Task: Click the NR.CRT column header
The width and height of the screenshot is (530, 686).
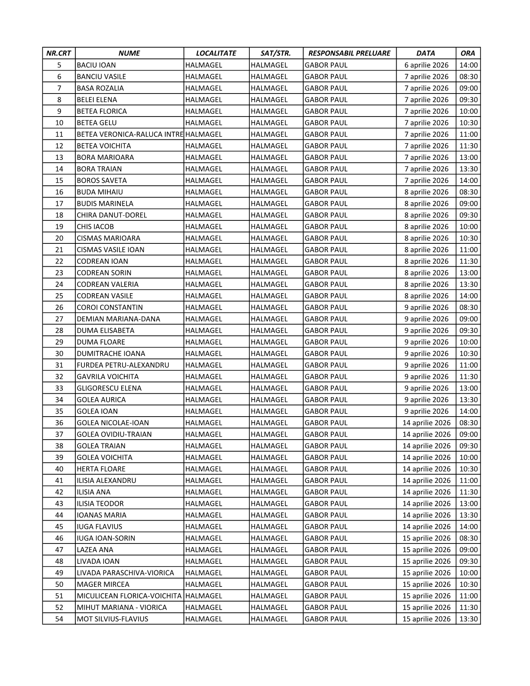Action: [x=59, y=53]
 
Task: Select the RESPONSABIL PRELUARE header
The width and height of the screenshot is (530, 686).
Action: [x=349, y=53]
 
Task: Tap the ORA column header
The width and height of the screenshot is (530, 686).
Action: [x=468, y=53]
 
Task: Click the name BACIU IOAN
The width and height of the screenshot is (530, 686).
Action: [x=96, y=65]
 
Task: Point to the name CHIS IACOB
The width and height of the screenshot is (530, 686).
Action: [x=95, y=227]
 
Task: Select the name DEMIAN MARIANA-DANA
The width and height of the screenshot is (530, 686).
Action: [x=118, y=319]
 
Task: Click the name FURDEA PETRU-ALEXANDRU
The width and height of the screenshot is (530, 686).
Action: [x=123, y=365]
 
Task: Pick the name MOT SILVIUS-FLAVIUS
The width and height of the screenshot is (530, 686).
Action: [x=112, y=619]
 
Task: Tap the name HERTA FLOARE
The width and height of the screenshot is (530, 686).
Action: [x=101, y=469]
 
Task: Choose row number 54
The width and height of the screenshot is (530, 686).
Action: [x=59, y=619]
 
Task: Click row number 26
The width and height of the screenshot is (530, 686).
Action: [x=59, y=307]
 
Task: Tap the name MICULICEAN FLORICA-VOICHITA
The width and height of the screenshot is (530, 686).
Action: [x=129, y=596]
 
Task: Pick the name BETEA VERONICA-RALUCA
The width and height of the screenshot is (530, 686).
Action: [x=129, y=134]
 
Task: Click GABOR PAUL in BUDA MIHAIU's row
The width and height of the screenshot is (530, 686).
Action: [x=326, y=192]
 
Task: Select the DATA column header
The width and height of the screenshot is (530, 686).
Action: [x=426, y=53]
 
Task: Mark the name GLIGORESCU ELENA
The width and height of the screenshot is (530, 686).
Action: [x=109, y=388]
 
